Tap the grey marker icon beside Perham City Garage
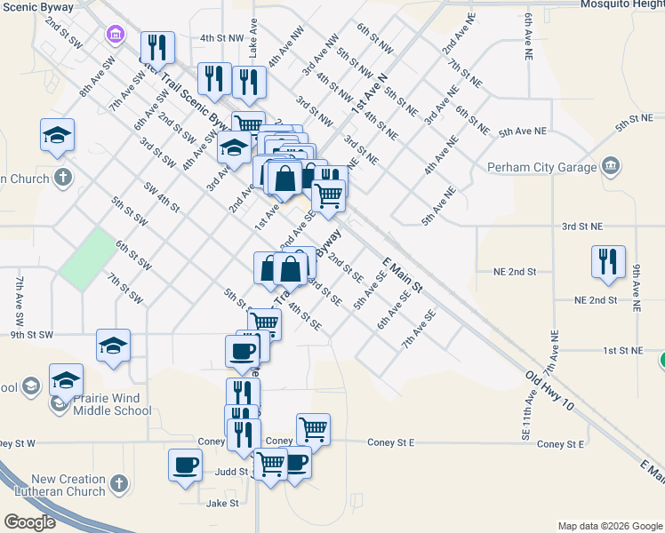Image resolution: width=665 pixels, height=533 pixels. (610, 165)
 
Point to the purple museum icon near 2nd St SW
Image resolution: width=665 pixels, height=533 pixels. (115, 36)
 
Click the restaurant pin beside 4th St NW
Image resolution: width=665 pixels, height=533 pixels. (157, 49)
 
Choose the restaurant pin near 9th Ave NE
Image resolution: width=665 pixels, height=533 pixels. (608, 262)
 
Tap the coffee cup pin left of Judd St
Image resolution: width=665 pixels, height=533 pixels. (186, 465)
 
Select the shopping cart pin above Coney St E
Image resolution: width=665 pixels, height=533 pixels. (313, 430)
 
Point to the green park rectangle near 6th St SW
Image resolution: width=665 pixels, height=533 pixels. (89, 259)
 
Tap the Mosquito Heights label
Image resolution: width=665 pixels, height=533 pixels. (622, 4)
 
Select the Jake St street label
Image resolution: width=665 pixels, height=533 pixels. (222, 503)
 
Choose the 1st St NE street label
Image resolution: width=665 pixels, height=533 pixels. (621, 352)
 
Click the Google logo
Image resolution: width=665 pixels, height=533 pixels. (29, 521)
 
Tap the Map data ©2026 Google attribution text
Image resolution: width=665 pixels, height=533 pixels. (609, 526)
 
